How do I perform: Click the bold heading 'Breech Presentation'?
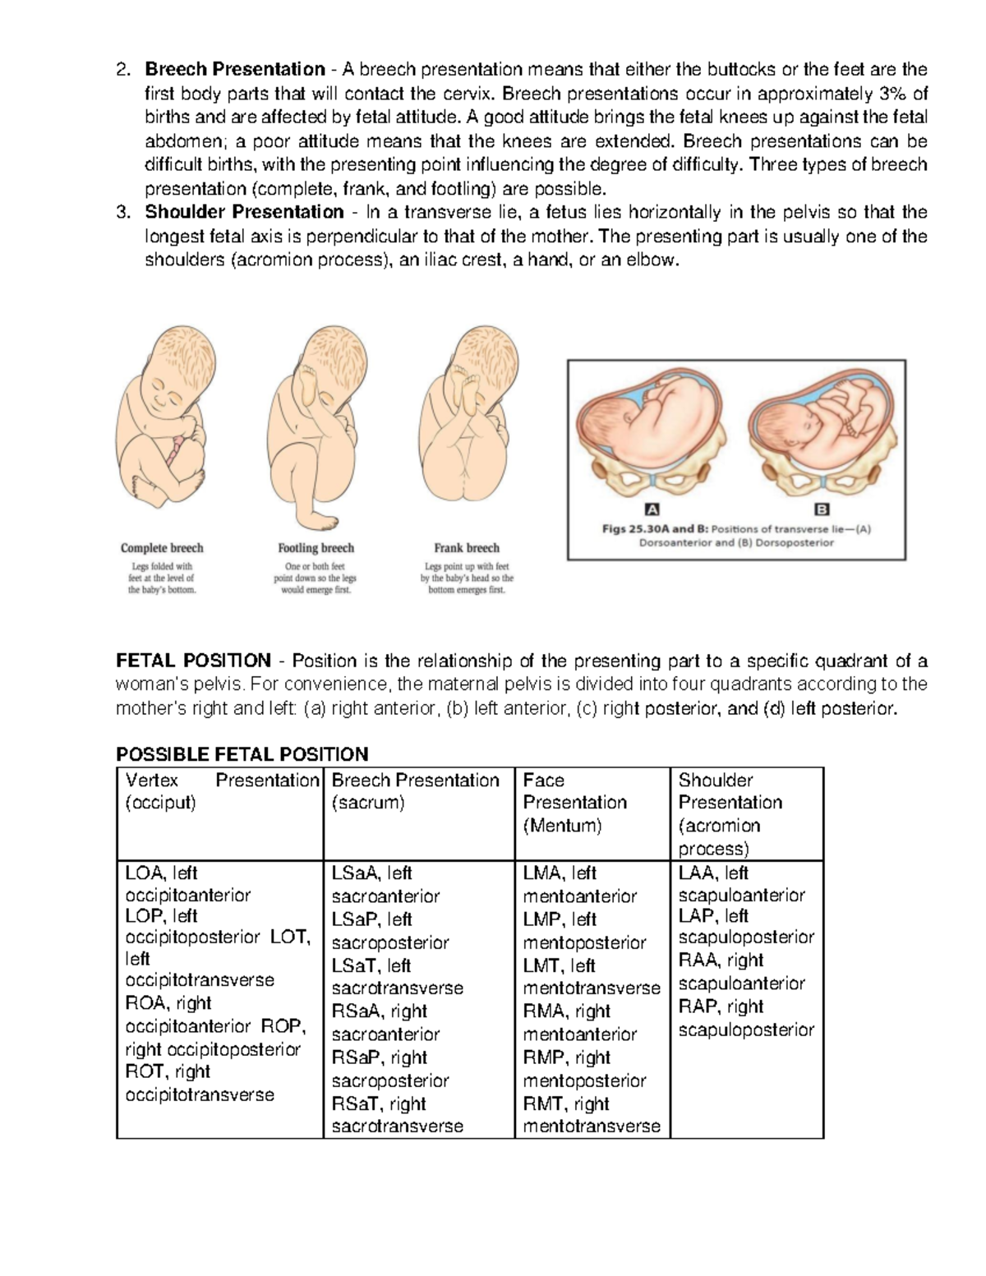click(235, 69)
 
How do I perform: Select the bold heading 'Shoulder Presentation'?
click(244, 212)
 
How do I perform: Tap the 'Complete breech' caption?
click(162, 548)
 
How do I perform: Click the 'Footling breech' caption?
click(316, 548)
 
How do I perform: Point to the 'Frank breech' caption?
click(467, 548)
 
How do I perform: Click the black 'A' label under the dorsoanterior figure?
click(654, 509)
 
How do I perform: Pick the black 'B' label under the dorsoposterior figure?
click(820, 509)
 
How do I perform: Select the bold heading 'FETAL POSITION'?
click(194, 661)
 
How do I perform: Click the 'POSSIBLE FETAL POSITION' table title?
click(242, 754)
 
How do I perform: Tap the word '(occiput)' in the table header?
click(160, 803)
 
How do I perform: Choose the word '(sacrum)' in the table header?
click(367, 803)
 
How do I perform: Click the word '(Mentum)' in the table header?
click(562, 826)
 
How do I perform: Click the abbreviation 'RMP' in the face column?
click(544, 1057)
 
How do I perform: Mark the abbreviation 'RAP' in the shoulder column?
click(698, 1007)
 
